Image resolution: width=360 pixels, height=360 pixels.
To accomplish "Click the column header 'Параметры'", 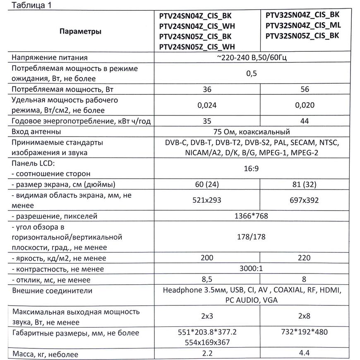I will (x=80, y=31).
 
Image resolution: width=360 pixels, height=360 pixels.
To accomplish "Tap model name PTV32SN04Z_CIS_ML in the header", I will (x=303, y=25).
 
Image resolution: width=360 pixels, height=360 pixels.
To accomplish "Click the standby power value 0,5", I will (x=251, y=73).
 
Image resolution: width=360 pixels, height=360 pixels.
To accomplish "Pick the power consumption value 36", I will (x=207, y=89).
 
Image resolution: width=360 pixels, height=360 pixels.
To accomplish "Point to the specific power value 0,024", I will (x=207, y=105).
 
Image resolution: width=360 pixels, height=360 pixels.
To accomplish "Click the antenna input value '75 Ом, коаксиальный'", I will (x=251, y=132).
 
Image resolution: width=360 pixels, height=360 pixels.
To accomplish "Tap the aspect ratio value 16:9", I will (x=251, y=169).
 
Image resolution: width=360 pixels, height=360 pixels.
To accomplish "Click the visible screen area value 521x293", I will (x=207, y=200).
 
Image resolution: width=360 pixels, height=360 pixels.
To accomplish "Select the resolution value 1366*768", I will (x=251, y=216).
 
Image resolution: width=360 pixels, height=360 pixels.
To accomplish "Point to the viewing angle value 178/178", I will (x=251, y=237).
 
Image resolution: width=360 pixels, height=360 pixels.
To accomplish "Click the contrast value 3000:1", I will (x=251, y=269).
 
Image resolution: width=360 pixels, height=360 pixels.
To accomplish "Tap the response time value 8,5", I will (x=207, y=280).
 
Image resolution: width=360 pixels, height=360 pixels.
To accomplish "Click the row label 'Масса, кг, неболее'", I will (x=46, y=354).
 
